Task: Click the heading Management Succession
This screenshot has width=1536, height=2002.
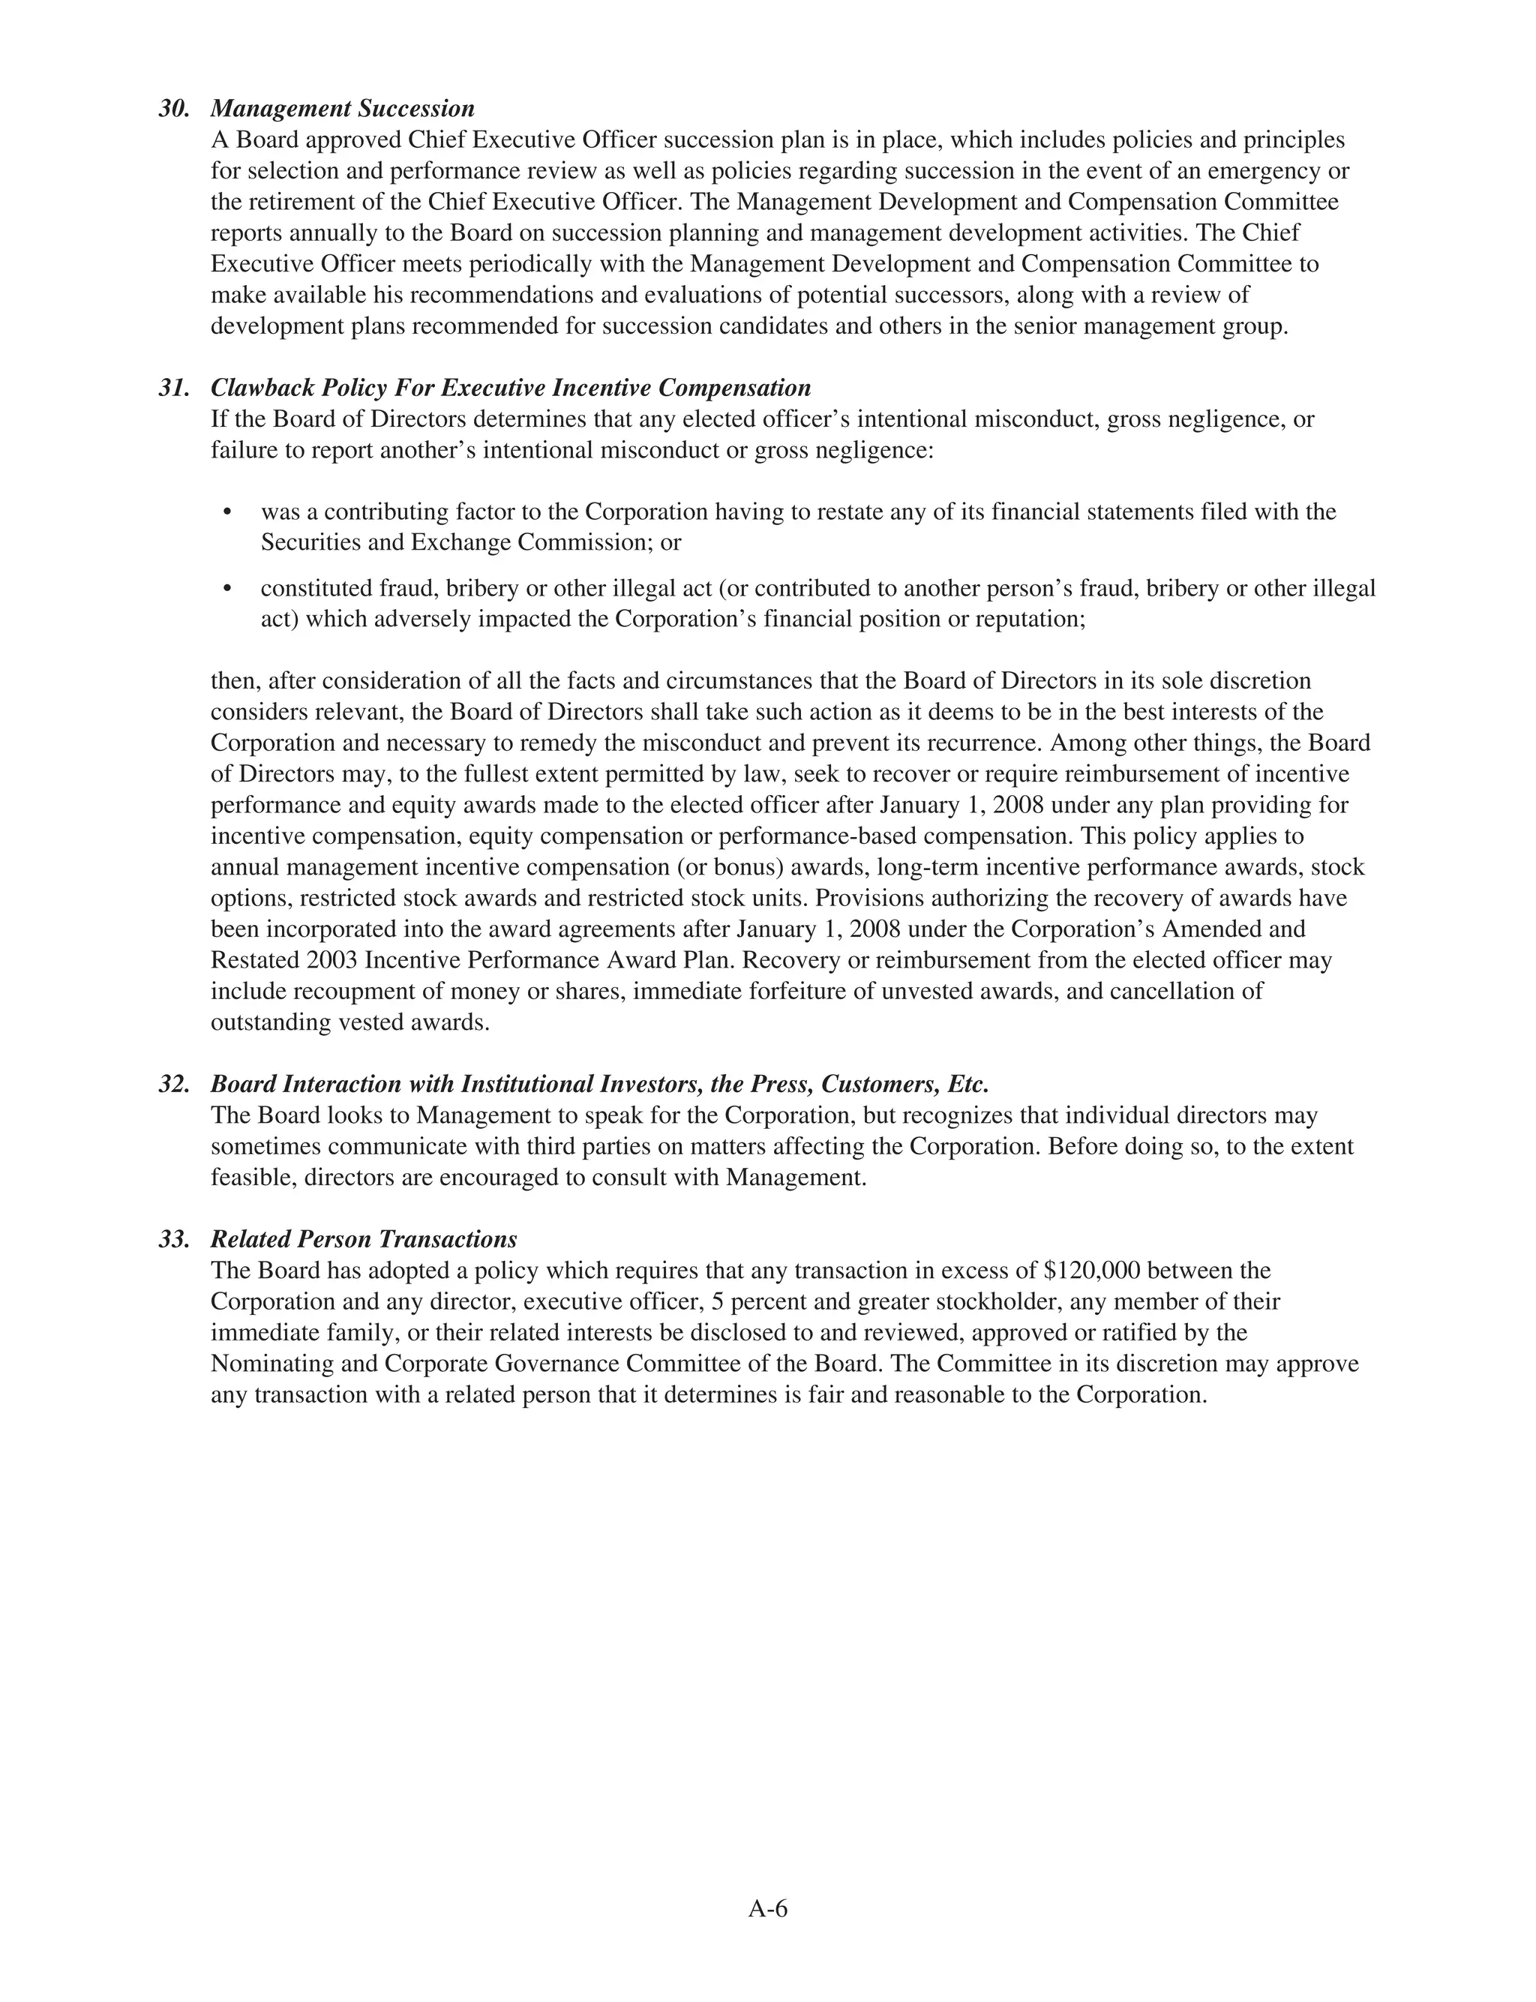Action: coord(342,109)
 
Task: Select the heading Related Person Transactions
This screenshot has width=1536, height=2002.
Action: coord(363,1240)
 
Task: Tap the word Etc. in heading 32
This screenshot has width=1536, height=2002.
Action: coord(968,1085)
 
